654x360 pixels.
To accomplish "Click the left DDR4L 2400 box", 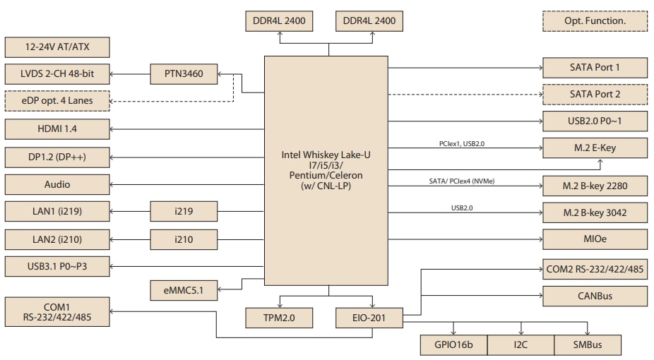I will coord(279,21).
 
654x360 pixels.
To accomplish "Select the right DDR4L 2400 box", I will coord(369,21).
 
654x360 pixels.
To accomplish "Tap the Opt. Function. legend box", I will coord(595,20).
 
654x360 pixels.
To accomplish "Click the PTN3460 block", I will coord(184,74).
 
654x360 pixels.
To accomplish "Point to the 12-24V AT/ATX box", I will coord(57,48).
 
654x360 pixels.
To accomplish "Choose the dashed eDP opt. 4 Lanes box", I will coord(57,101).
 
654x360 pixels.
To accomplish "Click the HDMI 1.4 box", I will coord(57,129).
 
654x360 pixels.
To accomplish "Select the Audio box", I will coord(57,184).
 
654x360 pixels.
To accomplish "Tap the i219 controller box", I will coord(184,211).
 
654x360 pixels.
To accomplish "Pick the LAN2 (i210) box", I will coord(57,239).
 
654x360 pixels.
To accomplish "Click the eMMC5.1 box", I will coord(184,289).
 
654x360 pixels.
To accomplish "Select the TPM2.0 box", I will coord(279,318).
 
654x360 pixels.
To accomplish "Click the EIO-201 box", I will coord(369,318).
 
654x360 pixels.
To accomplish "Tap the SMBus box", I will coord(588,345).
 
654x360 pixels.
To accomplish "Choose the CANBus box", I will coord(595,296).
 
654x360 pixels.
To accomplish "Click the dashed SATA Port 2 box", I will coord(595,94).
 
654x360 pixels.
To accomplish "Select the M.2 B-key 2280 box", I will coord(595,186).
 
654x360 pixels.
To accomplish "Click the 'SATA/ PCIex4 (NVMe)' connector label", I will coord(462,181).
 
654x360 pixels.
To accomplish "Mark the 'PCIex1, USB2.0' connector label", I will coord(462,143).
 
